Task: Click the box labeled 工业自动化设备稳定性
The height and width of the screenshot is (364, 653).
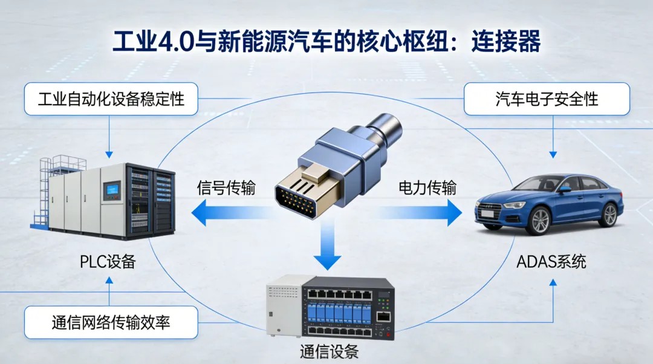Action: (x=111, y=99)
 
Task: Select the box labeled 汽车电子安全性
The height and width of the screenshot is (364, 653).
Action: (x=547, y=99)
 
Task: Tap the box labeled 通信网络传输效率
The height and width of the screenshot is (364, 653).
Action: (x=111, y=322)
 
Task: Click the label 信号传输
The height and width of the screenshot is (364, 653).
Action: (x=226, y=188)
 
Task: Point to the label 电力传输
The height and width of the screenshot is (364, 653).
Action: (x=427, y=188)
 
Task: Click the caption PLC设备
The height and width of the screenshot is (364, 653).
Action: (x=108, y=262)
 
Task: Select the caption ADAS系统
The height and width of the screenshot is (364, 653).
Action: (x=551, y=262)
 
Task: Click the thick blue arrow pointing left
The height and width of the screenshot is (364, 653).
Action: (x=233, y=212)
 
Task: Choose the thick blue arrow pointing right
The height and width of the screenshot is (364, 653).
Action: (x=417, y=212)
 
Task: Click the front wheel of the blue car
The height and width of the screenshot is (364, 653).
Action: (x=540, y=221)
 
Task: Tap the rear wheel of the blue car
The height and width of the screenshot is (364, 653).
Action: (x=609, y=215)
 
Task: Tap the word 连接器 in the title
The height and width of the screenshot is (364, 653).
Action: (x=506, y=41)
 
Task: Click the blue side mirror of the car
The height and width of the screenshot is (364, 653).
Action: (x=565, y=189)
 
